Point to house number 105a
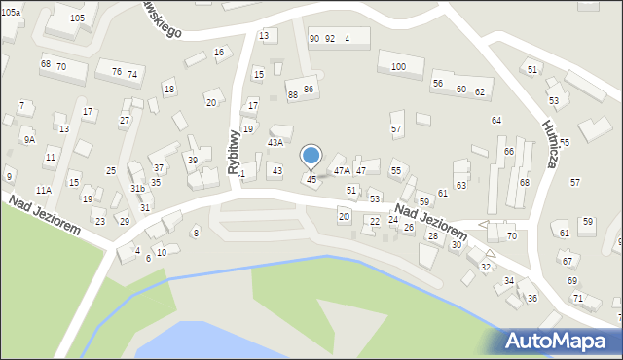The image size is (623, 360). pyautogui.click(x=11, y=11)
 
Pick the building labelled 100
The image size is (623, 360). pyautogui.click(x=398, y=66)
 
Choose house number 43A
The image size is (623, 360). pyautogui.click(x=275, y=142)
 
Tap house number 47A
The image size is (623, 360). pyautogui.click(x=342, y=170)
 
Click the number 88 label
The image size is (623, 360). pyautogui.click(x=292, y=94)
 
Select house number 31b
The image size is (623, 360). pyautogui.click(x=137, y=189)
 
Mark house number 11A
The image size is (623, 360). pyautogui.click(x=43, y=190)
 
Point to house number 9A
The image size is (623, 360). pyautogui.click(x=29, y=140)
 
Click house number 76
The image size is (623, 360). pyautogui.click(x=117, y=72)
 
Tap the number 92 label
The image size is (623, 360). pyautogui.click(x=330, y=39)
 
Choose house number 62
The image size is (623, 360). pyautogui.click(x=480, y=90)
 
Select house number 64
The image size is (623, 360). pyautogui.click(x=496, y=120)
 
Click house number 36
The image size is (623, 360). pyautogui.click(x=531, y=298)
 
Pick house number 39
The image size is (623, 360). pyautogui.click(x=193, y=161)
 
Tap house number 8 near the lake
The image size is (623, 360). pyautogui.click(x=196, y=232)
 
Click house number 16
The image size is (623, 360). pyautogui.click(x=219, y=52)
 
